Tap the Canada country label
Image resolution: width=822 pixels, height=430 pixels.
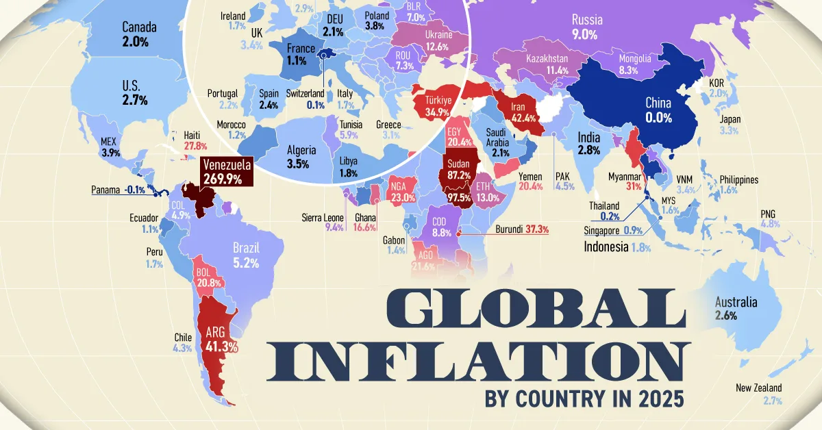pyautogui.click(x=139, y=28)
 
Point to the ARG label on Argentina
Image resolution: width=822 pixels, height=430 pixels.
pyautogui.click(x=217, y=333)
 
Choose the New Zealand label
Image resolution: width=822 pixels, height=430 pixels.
pyautogui.click(x=758, y=388)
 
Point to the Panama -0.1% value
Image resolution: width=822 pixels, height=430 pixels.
pyautogui.click(x=135, y=190)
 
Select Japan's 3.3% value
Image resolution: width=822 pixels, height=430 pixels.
pyautogui.click(x=729, y=131)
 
